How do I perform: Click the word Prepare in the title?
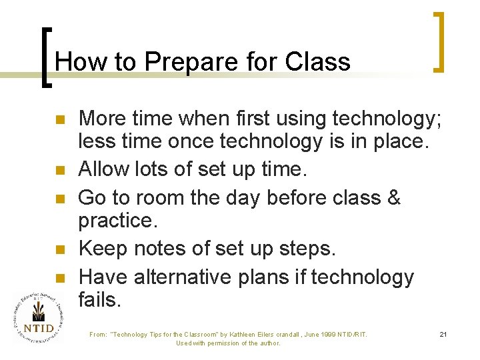click(x=182, y=62)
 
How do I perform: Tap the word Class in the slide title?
click(x=317, y=62)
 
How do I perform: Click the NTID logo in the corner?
click(x=39, y=320)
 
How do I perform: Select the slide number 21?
click(x=443, y=334)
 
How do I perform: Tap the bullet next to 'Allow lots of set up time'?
click(x=59, y=171)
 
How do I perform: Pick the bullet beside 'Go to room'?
click(x=59, y=198)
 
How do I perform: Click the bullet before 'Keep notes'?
click(x=59, y=250)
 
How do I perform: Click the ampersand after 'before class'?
click(x=393, y=198)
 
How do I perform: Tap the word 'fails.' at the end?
click(x=100, y=301)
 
